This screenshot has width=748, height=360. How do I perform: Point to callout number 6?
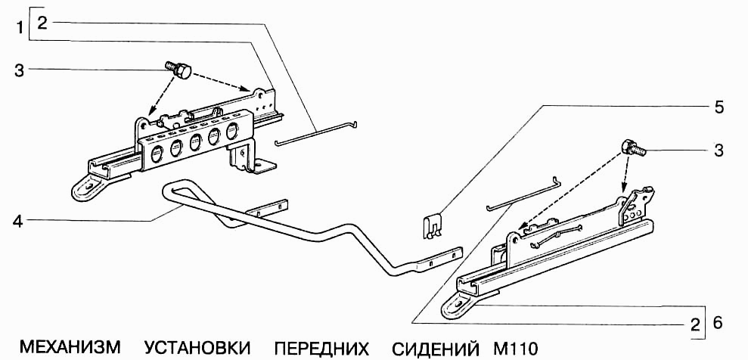point(719,323)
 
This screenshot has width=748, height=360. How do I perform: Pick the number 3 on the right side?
point(719,150)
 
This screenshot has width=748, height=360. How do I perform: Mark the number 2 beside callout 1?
point(42,23)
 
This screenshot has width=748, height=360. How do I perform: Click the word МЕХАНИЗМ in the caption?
point(70,349)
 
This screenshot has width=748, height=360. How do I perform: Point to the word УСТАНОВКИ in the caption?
point(197,349)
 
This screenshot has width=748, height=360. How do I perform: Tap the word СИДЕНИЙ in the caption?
point(435,349)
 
